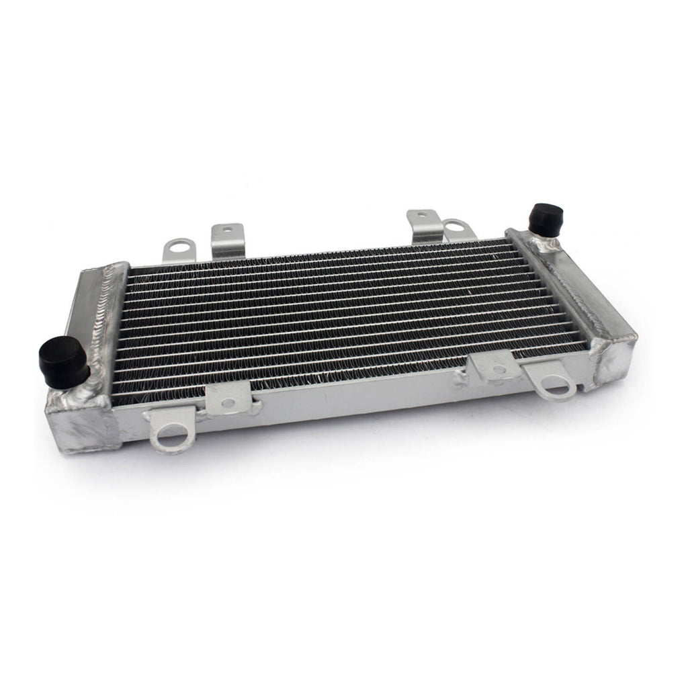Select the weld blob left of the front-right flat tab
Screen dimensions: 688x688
(462, 379)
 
